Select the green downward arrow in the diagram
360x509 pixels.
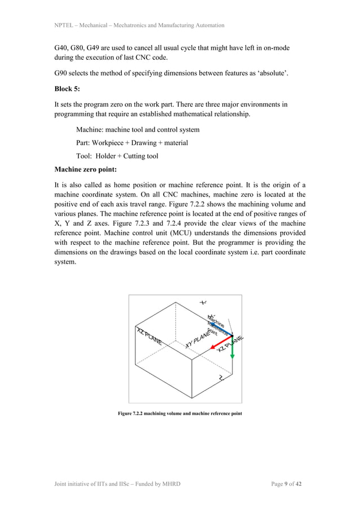coord(232,349)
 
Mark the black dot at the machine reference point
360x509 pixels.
coord(232,337)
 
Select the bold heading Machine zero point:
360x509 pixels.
coord(86,169)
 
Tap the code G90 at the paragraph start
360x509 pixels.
coord(62,73)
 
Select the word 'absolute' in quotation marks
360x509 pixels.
coord(275,73)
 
